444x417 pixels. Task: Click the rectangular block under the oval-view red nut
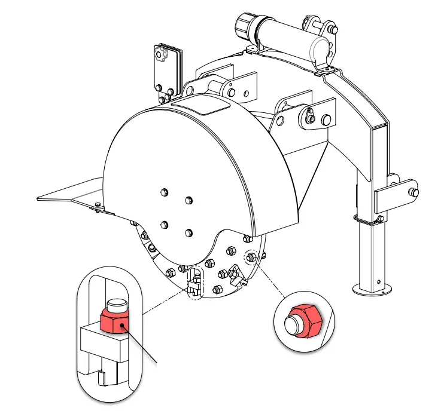coord(102,345)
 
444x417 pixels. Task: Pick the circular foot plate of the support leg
coord(373,289)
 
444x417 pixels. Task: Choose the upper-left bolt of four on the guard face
coord(164,192)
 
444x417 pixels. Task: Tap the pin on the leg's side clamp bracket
coord(413,192)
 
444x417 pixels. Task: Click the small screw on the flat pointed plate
coord(99,206)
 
